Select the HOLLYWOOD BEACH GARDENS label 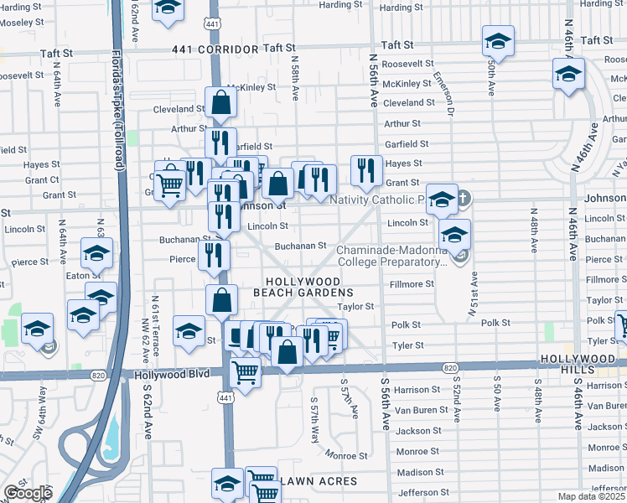click(303, 287)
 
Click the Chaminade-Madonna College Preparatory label click(392, 256)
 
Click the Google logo click(28, 493)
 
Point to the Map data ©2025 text click(591, 496)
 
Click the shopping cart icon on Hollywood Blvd click(245, 371)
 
